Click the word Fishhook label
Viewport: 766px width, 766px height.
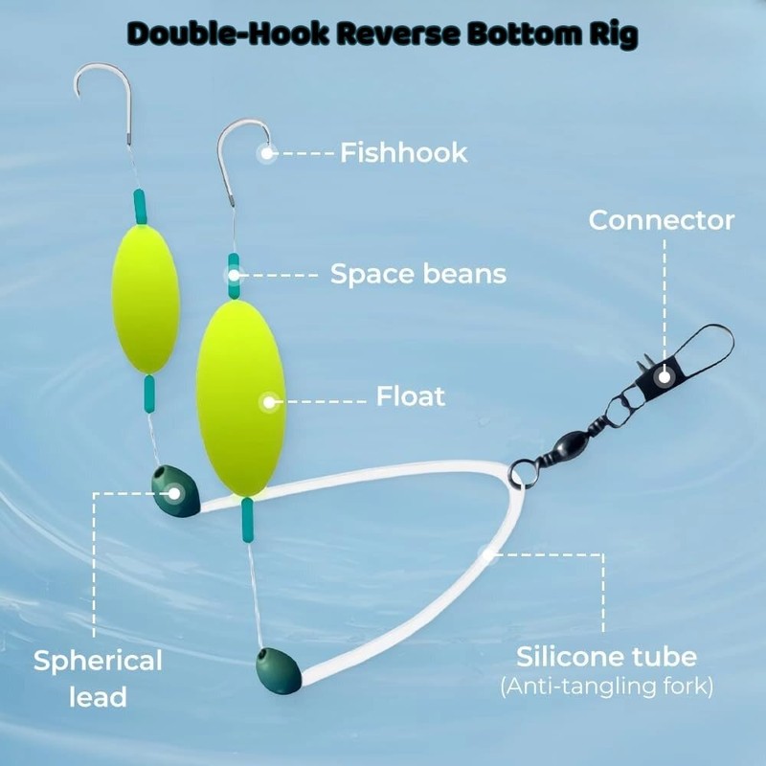[403, 152]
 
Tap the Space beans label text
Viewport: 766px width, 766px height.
[417, 275]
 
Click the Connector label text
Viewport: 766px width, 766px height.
[662, 220]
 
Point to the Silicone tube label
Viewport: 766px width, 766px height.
[607, 657]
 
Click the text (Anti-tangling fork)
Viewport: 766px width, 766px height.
[607, 687]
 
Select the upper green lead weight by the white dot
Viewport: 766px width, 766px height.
[174, 492]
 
